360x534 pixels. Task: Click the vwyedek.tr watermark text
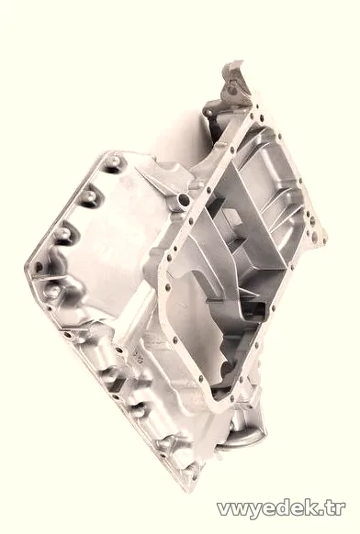[x=281, y=509]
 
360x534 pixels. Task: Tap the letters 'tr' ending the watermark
[x=336, y=507]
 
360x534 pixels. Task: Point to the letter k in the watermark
[x=313, y=507]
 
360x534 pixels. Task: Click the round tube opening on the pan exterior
[x=185, y=200]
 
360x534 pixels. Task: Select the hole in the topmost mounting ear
[x=232, y=90]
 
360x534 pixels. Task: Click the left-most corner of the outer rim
[x=26, y=266]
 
